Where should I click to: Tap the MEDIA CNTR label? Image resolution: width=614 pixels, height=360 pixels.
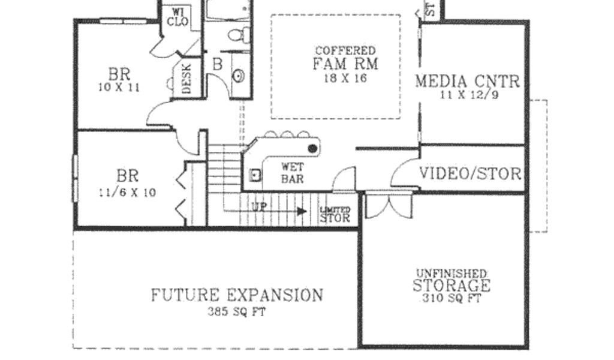(468, 81)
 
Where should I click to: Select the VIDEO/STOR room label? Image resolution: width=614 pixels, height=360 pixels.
(469, 174)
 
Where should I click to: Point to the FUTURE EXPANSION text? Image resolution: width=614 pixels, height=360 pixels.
(236, 295)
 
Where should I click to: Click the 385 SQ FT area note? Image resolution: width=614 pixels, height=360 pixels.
(236, 311)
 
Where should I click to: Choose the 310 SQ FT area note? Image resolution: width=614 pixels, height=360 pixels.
(451, 298)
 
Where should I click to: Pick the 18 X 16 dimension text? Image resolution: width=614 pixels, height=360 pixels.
(345, 78)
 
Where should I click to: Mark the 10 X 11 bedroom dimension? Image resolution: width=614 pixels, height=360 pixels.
(119, 87)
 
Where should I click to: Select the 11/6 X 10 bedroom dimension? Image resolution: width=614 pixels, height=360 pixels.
(127, 193)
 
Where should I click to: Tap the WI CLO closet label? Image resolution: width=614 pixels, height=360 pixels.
(178, 17)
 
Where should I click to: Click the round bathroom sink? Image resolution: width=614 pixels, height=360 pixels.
(239, 76)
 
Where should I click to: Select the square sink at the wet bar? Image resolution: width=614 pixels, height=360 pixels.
(255, 175)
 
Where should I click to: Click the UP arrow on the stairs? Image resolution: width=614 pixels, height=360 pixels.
(302, 211)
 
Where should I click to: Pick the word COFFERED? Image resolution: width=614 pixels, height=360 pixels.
(345, 52)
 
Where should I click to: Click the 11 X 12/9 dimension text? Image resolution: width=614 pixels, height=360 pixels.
(468, 94)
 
